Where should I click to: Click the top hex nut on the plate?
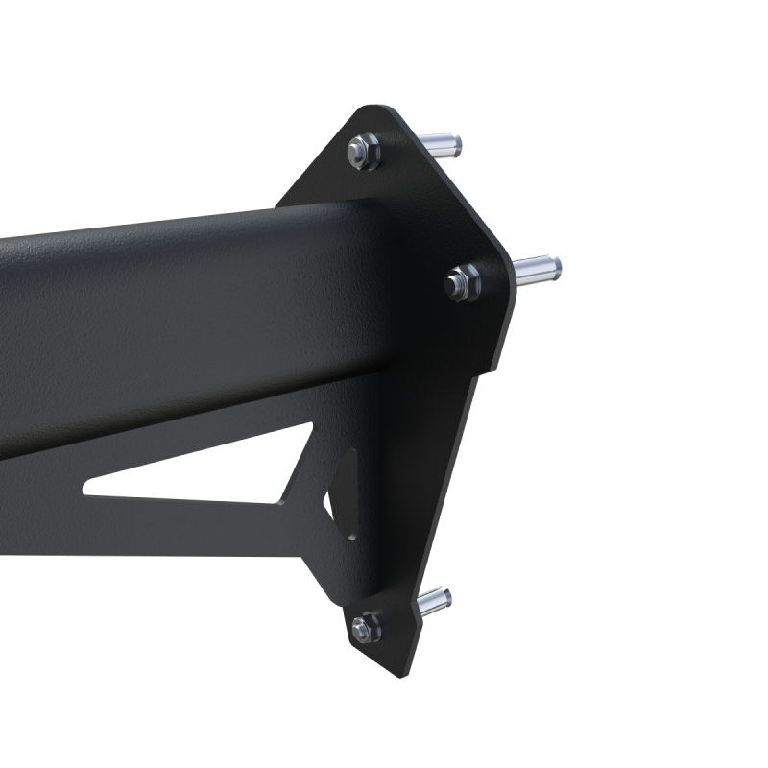(363, 150)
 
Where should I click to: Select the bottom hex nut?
(365, 629)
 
